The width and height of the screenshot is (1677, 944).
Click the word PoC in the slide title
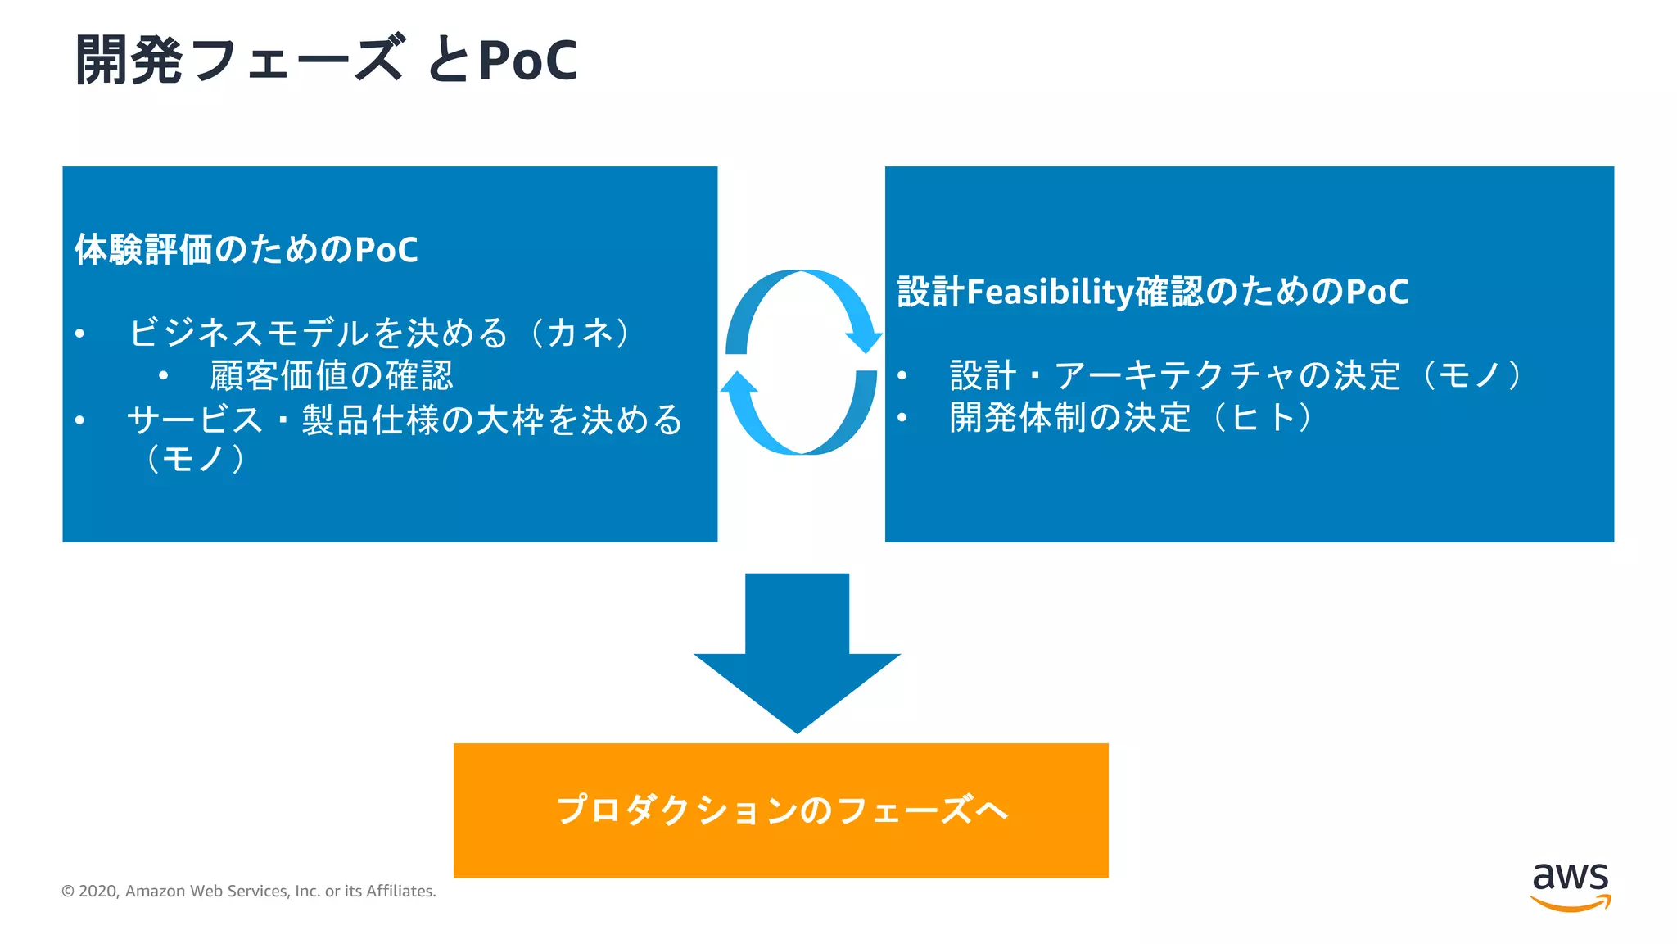[x=528, y=61]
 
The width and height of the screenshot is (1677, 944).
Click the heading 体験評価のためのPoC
[x=246, y=250]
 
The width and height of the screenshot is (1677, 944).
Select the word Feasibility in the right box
[x=1049, y=292]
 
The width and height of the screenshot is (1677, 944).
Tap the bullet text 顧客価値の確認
[x=331, y=376]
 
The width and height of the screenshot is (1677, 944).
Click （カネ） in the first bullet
[x=581, y=333]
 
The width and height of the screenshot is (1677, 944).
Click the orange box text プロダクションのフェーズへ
[x=781, y=810]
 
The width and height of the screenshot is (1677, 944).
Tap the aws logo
[x=1570, y=886]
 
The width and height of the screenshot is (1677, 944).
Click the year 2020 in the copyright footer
[x=98, y=892]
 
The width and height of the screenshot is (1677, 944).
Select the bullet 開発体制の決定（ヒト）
[x=1130, y=418]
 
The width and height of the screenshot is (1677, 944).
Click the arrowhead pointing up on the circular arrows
[x=739, y=384]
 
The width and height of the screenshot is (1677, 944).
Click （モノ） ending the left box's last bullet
[x=195, y=459]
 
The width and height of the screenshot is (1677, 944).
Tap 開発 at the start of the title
[x=129, y=61]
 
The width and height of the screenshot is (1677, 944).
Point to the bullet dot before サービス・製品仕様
[x=79, y=420]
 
